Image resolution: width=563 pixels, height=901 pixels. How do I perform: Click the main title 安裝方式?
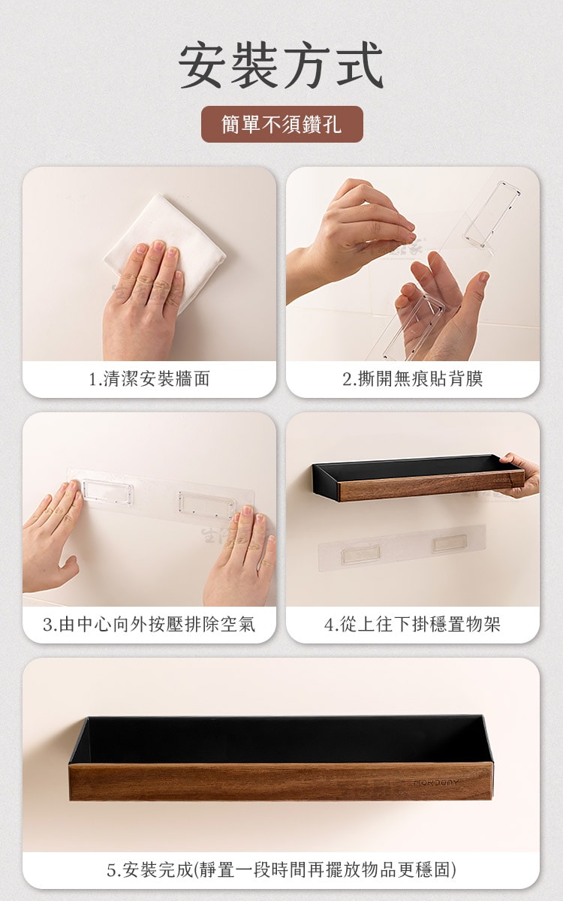click(x=281, y=65)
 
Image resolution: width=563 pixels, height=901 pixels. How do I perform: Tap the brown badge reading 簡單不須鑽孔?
click(x=282, y=124)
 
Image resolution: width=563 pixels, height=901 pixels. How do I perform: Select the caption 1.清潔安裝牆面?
click(x=149, y=379)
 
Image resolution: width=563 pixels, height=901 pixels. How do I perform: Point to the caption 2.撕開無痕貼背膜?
click(x=413, y=379)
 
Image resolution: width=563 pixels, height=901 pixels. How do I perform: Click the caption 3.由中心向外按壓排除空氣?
click(x=149, y=625)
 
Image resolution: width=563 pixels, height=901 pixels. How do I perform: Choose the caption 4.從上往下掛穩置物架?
click(x=413, y=625)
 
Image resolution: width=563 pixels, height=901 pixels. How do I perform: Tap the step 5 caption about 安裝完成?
click(x=281, y=870)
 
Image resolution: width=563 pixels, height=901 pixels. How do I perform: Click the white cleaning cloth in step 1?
click(x=165, y=246)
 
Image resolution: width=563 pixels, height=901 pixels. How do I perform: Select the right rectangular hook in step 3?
click(x=206, y=504)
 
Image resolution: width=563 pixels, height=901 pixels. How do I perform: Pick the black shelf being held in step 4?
click(x=418, y=478)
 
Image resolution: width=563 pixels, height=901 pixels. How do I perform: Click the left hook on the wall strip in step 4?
click(x=361, y=554)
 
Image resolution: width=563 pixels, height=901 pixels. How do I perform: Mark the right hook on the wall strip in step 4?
click(x=450, y=543)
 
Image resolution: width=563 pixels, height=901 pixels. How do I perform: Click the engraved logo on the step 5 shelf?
click(x=436, y=782)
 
